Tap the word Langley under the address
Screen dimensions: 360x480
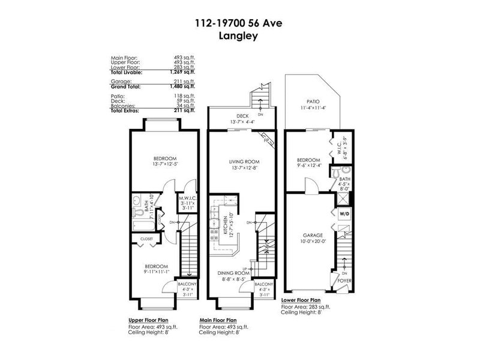pyautogui.click(x=239, y=35)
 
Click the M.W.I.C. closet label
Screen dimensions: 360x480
pyautogui.click(x=186, y=198)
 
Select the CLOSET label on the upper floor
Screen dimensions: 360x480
pyautogui.click(x=146, y=238)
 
